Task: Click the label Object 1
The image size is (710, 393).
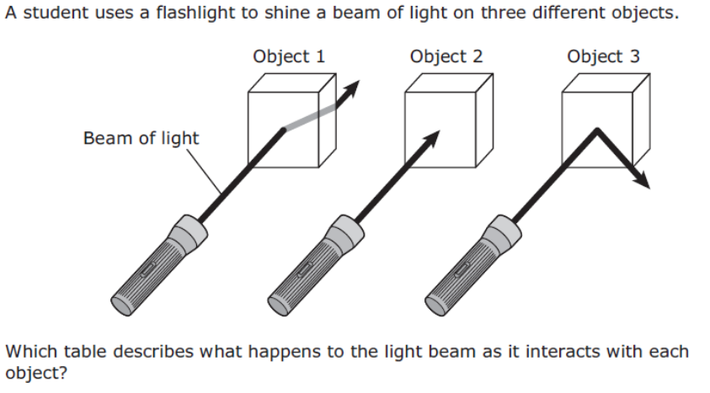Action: click(289, 56)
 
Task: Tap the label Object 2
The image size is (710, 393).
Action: click(446, 56)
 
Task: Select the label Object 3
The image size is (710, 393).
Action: click(603, 56)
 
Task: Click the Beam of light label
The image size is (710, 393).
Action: click(141, 138)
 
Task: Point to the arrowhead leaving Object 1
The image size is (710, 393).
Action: click(350, 89)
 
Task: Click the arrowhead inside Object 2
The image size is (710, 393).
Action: click(430, 140)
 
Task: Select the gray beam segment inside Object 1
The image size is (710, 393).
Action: click(309, 118)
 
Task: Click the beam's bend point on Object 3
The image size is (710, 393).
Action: click(597, 130)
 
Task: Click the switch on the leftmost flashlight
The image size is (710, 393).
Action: click(148, 269)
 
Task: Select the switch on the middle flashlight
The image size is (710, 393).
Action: click(305, 269)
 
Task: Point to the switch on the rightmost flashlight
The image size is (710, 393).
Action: click(462, 269)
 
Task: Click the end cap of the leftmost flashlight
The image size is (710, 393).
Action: click(121, 305)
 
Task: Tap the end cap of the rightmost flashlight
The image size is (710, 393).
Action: click(435, 305)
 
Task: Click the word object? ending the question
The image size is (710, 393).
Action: click(36, 374)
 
